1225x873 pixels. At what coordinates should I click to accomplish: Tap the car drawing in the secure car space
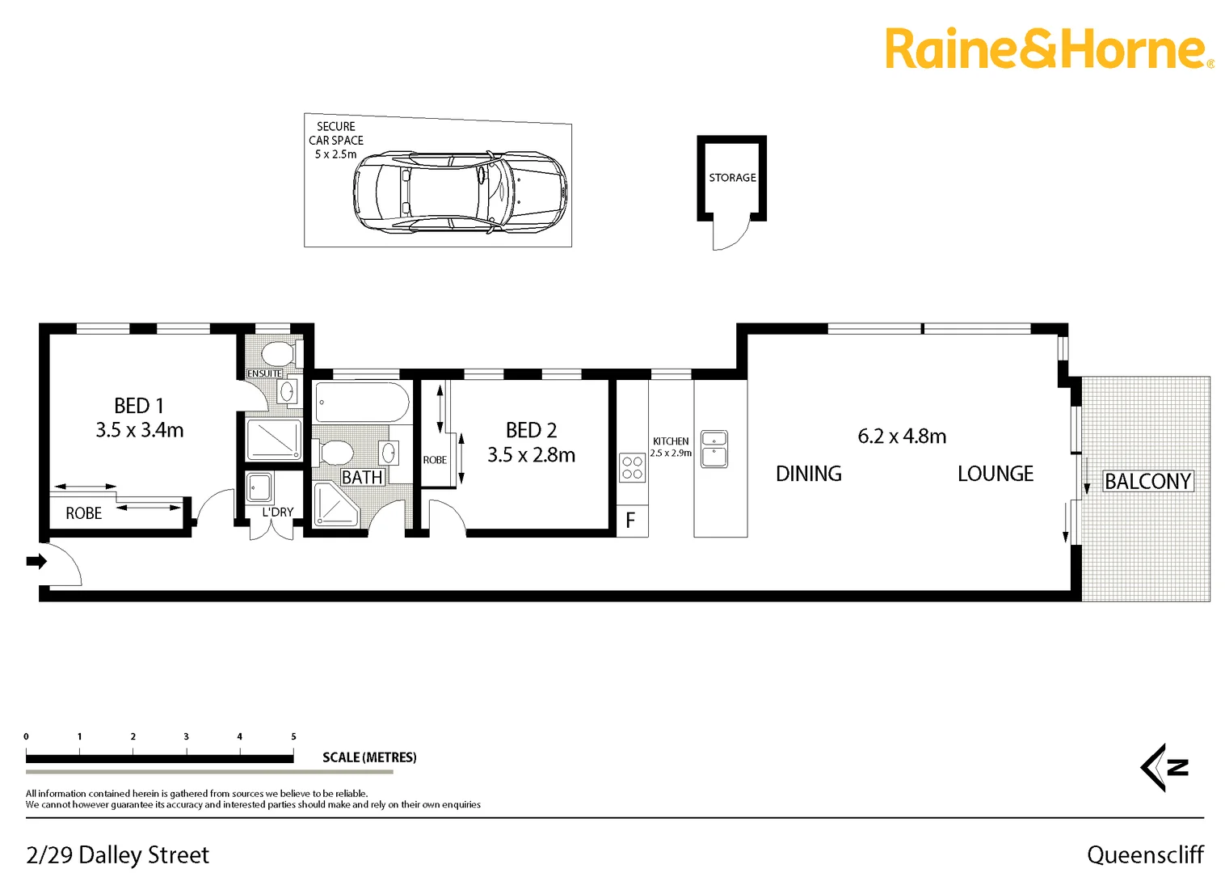coord(460,192)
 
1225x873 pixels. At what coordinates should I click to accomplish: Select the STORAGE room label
coord(732,178)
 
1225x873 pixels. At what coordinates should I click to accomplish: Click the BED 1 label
coord(139,406)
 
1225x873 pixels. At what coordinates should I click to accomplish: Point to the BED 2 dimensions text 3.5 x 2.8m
coord(531,455)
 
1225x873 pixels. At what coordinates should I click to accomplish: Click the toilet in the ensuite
coord(279,353)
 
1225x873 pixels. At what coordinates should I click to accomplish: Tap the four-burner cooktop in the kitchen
coord(632,468)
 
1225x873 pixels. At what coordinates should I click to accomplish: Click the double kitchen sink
coord(714,449)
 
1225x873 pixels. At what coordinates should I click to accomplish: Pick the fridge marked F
coord(631,521)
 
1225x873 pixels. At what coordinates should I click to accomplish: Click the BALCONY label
coord(1147,482)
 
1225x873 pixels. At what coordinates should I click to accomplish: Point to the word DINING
coord(808,474)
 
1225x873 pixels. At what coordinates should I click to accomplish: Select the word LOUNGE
coord(995,474)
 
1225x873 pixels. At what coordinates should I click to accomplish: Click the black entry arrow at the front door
coord(36,561)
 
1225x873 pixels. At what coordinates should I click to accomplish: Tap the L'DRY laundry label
coord(277,512)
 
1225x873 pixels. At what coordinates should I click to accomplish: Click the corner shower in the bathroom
coord(334,504)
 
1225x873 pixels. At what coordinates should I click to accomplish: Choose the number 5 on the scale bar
coord(293,736)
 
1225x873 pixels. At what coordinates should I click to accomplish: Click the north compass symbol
coord(1165,767)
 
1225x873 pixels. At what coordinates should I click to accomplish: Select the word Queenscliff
coord(1144,854)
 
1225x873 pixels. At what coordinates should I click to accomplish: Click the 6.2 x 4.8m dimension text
coord(902,436)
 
